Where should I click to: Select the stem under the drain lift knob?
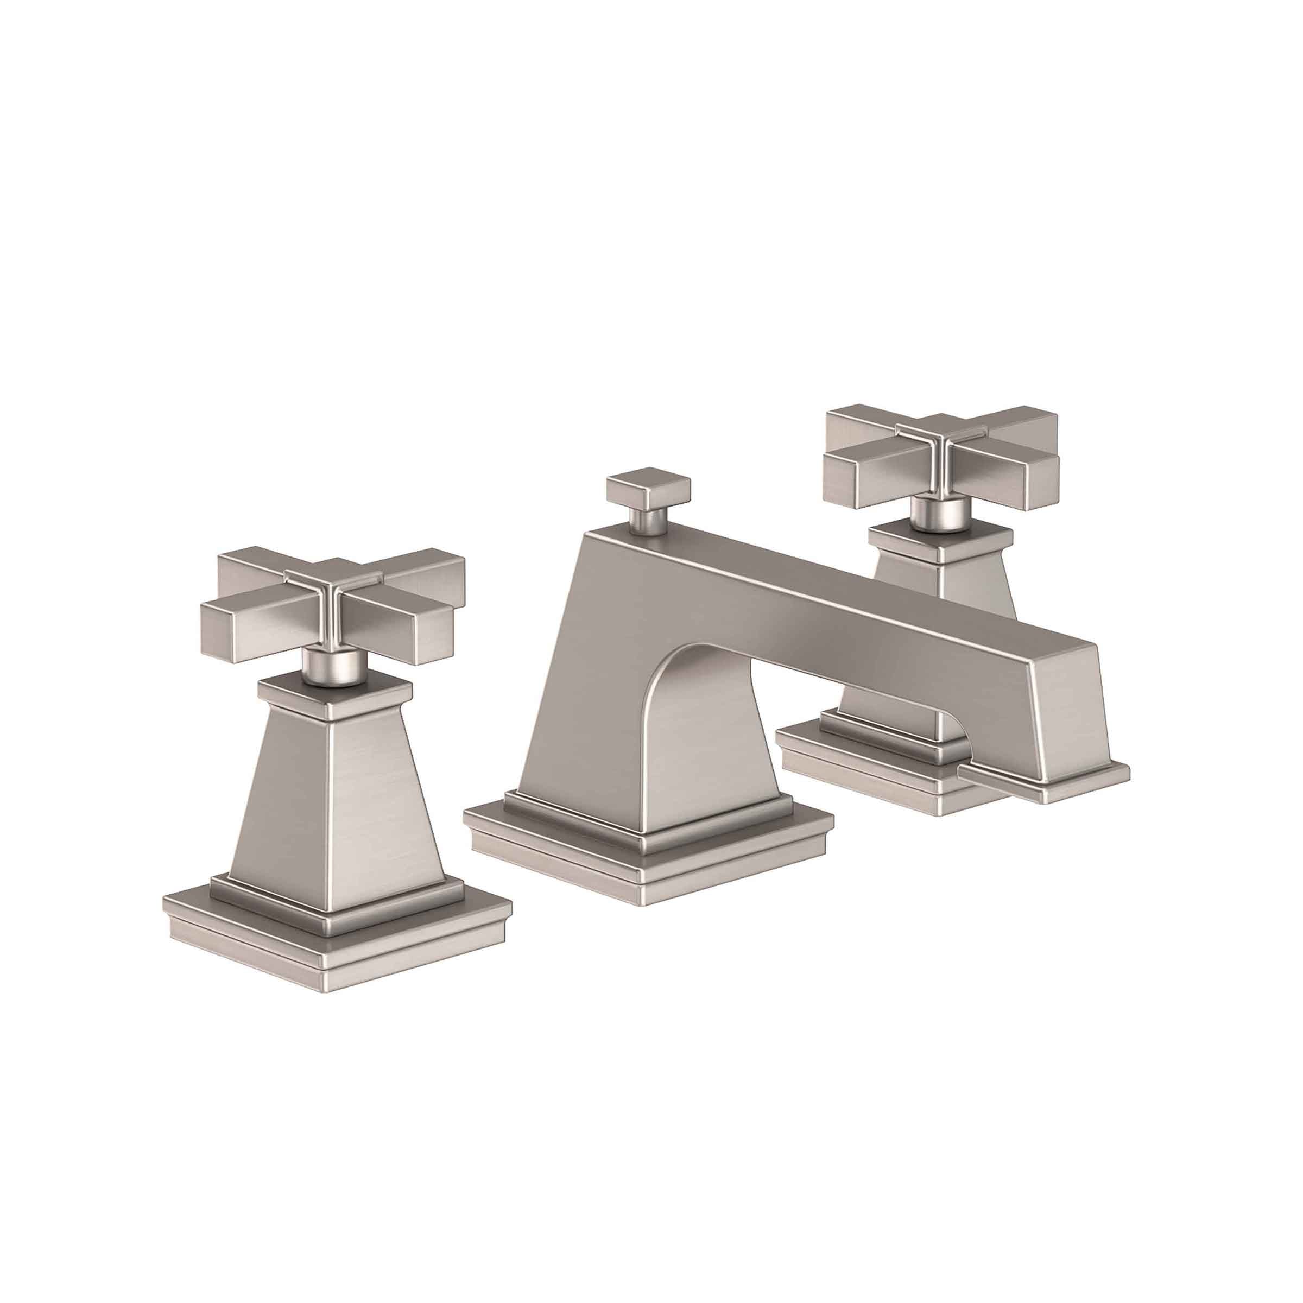point(646,520)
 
